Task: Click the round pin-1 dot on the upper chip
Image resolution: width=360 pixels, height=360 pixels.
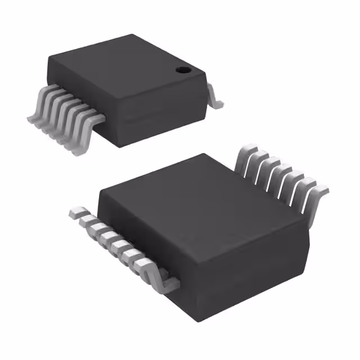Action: click(x=182, y=70)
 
